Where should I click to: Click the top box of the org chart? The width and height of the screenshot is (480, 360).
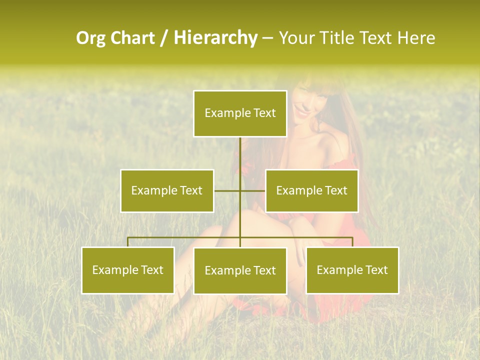tap(240, 113)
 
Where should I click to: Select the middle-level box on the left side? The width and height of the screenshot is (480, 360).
tap(167, 190)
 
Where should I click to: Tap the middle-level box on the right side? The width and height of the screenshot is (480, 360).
tap(311, 190)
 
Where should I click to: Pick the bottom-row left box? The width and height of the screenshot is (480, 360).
tap(128, 270)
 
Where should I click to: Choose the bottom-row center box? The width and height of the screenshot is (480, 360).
tap(240, 270)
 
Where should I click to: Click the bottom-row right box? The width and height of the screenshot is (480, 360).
tap(352, 270)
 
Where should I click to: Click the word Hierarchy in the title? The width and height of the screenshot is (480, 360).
tap(215, 38)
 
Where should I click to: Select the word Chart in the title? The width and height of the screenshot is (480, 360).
tap(133, 38)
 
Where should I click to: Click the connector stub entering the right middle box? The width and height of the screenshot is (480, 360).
tap(259, 190)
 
